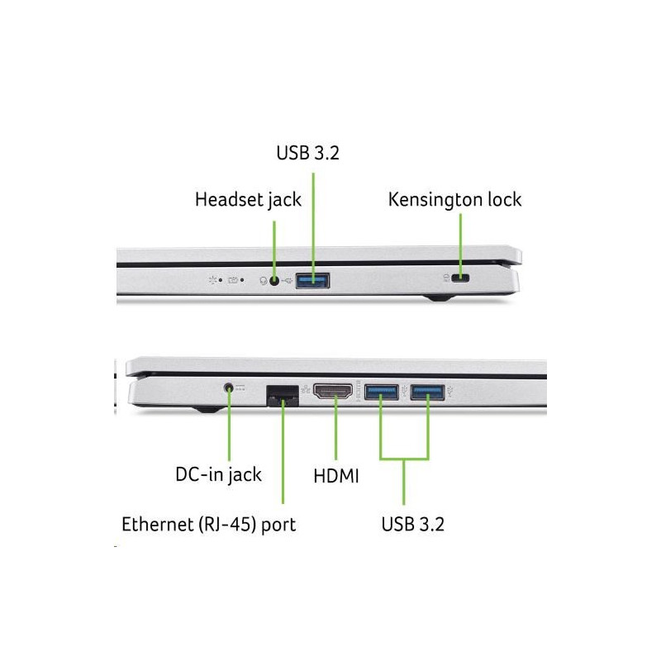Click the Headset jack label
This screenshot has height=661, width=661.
(x=248, y=200)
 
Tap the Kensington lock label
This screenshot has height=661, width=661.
(x=454, y=200)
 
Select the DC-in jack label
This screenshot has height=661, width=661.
(x=218, y=474)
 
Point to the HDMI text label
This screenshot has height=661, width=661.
(x=336, y=476)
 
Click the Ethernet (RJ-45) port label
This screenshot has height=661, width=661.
(x=209, y=525)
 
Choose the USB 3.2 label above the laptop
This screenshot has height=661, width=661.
(x=307, y=153)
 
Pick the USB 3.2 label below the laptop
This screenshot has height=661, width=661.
(x=412, y=525)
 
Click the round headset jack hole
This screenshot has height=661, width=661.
(x=274, y=281)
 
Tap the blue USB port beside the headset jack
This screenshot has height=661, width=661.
(x=312, y=280)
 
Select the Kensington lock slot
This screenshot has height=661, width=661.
(x=460, y=278)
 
